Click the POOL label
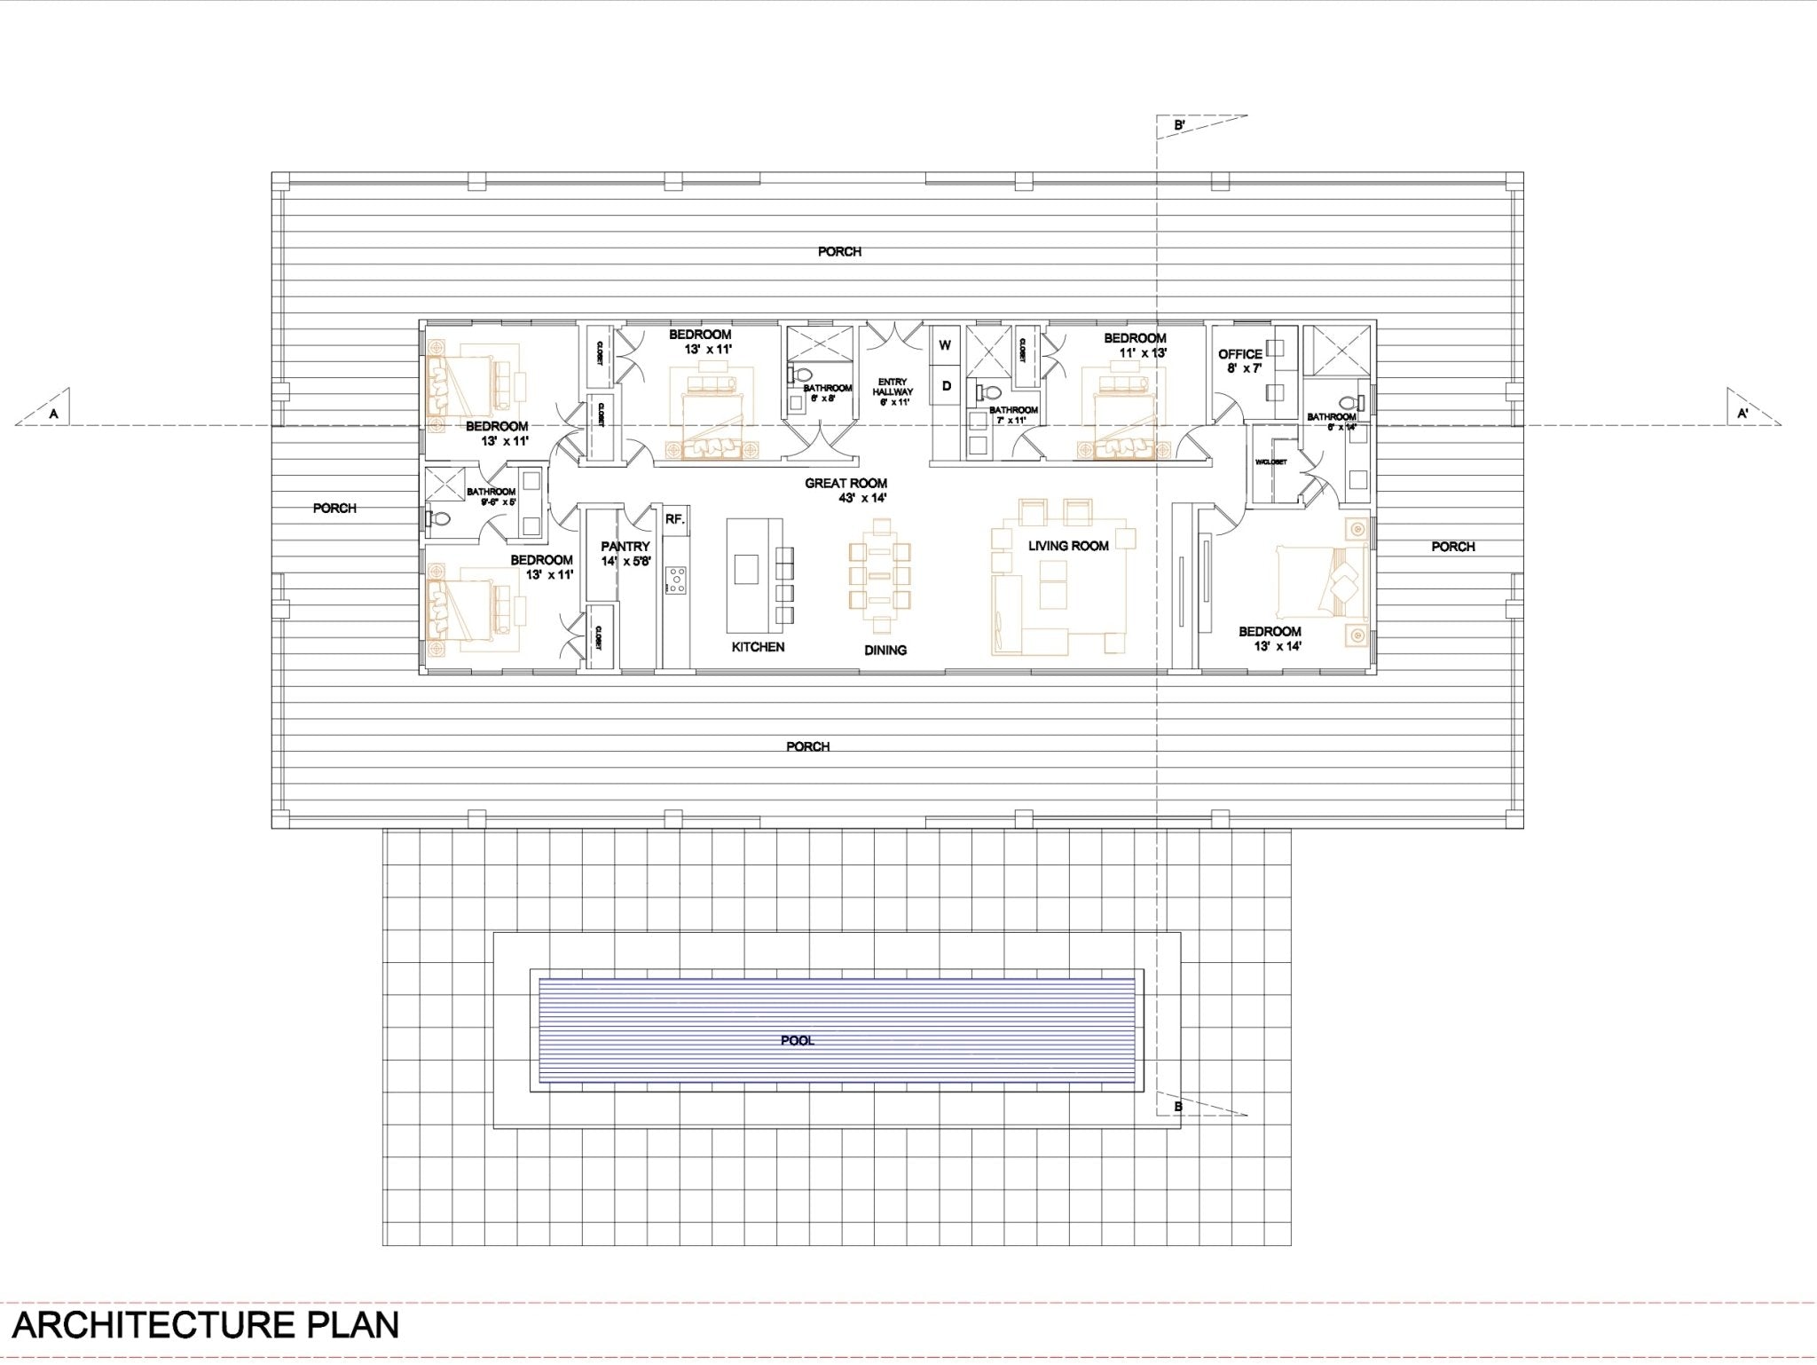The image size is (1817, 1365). pos(797,1040)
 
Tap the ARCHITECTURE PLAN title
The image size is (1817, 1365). pos(205,1325)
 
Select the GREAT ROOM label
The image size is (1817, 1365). pos(846,484)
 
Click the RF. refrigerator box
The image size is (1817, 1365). pos(674,519)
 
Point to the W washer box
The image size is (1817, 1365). pos(944,345)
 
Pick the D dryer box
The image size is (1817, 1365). pos(946,385)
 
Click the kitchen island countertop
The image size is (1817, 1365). pos(745,575)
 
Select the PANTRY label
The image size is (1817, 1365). pos(625,547)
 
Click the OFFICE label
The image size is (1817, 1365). pos(1239,354)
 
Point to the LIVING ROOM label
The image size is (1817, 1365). pos(1068,546)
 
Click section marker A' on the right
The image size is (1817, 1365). pos(1742,413)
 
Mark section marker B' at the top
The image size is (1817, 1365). pos(1180,126)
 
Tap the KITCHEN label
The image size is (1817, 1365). pos(758,647)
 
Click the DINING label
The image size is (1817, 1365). pos(885,651)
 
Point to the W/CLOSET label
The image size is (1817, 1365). pos(1270,462)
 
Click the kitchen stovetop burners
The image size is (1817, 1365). pos(677,580)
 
